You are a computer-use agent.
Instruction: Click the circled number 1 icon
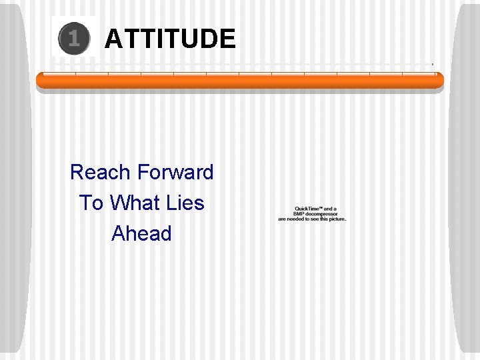coord(73,39)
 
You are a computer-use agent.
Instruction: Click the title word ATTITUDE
coord(170,39)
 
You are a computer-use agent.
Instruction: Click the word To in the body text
coord(91,203)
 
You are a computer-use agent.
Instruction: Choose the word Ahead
coord(141,233)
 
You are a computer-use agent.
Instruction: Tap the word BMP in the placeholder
coord(301,214)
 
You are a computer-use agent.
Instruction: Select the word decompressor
coord(323,214)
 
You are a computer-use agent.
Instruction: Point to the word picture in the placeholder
coord(337,219)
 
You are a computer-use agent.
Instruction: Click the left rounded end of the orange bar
coord(40,81)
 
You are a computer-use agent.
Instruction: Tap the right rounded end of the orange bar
coord(439,81)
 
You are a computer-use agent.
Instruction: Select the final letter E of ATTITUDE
coord(227,39)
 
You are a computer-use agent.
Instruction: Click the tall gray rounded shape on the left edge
coord(15,180)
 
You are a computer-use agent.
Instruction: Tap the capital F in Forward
coord(141,172)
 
